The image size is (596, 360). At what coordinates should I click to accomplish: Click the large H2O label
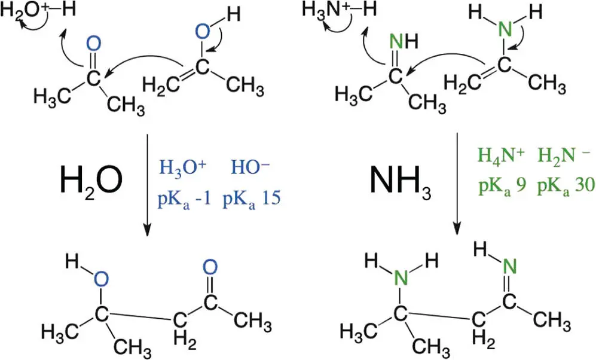[91, 179]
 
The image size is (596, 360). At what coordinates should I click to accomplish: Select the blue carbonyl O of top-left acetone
[92, 44]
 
